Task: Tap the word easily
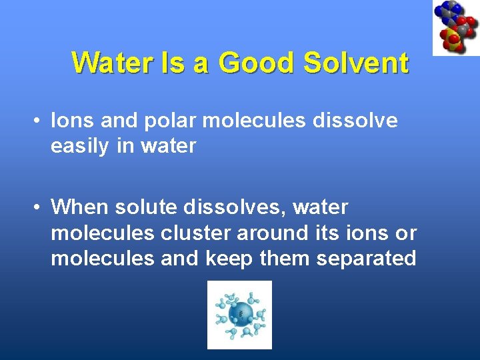(81, 145)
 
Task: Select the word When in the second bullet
(79, 207)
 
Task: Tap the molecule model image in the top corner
(455, 27)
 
